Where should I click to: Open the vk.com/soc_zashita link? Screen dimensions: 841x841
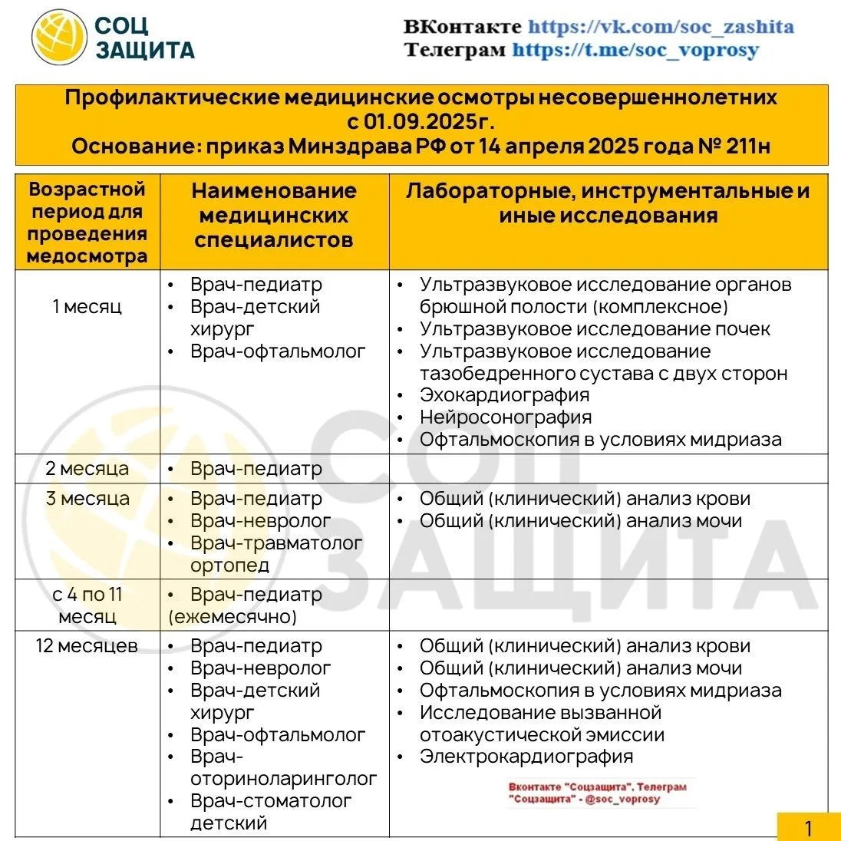[661, 27]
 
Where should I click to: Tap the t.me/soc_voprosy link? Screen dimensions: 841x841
[635, 51]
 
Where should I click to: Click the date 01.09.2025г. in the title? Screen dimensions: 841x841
[429, 122]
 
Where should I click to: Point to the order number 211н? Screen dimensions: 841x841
[747, 146]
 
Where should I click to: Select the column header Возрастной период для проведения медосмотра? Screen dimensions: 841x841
[87, 223]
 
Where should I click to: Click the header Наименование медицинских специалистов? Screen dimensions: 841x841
[274, 216]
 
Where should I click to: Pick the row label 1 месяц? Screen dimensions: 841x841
[87, 307]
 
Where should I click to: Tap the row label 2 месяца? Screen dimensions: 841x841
[87, 469]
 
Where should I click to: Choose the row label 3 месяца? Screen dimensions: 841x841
[87, 499]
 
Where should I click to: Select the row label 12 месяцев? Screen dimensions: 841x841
[87, 646]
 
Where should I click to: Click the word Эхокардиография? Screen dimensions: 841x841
[504, 395]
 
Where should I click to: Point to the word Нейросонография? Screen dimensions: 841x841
[506, 417]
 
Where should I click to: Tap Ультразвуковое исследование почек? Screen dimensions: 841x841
[595, 329]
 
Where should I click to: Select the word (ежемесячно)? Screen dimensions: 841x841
[233, 617]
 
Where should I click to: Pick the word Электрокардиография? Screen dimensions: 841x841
[526, 757]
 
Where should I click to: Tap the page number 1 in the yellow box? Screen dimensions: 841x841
[808, 829]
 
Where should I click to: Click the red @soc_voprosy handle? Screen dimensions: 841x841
[622, 799]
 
